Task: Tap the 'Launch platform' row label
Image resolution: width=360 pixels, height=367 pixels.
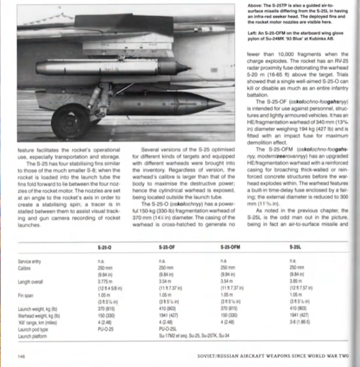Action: click(33, 335)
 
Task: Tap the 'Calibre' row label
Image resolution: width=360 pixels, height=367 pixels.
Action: click(25, 267)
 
